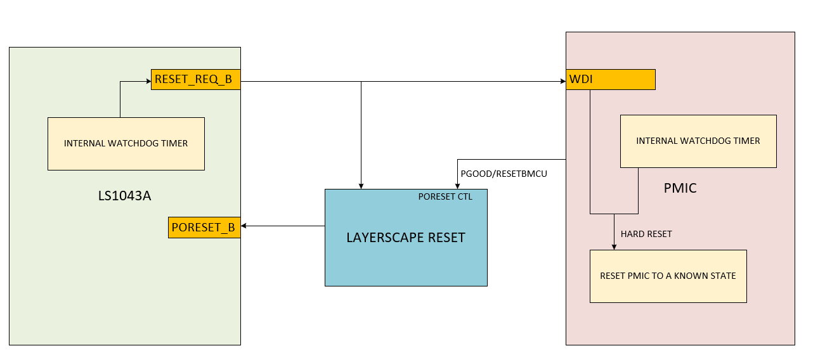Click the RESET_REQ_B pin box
tap(195, 80)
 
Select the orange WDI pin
tap(610, 80)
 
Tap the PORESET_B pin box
tap(204, 228)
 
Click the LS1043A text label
tap(124, 196)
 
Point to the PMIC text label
tap(680, 188)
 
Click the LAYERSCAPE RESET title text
tap(406, 238)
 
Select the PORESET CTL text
tap(445, 196)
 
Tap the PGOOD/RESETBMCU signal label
tap(504, 172)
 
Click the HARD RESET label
tap(646, 234)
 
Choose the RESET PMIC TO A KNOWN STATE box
tap(668, 276)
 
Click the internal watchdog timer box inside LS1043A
tap(126, 144)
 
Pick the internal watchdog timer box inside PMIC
tap(698, 141)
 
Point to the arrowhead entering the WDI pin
tap(562, 81)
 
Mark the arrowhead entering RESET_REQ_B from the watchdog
tap(147, 81)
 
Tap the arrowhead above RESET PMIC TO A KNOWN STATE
tap(614, 247)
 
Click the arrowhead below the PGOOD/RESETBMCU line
tap(458, 185)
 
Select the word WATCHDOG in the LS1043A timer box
tap(136, 144)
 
